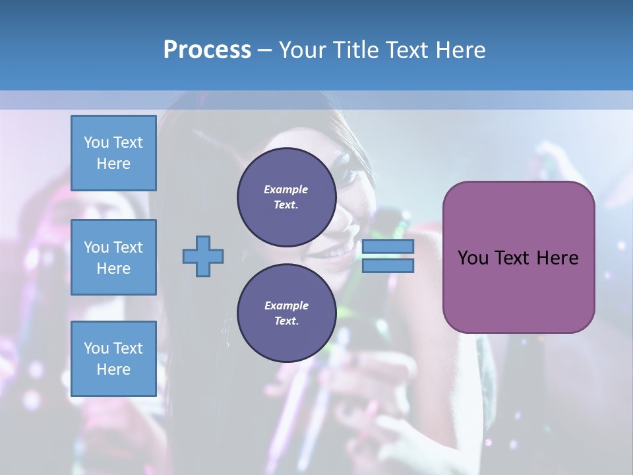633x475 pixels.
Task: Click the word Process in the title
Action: click(207, 50)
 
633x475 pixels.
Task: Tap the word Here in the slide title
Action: click(461, 50)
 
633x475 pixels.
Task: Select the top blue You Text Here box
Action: click(113, 153)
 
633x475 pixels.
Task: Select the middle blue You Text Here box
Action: click(113, 257)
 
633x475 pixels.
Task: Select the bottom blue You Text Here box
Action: click(113, 359)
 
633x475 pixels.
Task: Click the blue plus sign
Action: click(203, 256)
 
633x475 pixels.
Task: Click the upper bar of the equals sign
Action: click(388, 247)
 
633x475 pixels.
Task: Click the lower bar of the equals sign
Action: click(388, 266)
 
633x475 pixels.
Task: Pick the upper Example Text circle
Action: click(286, 197)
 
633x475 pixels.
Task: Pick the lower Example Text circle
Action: click(286, 313)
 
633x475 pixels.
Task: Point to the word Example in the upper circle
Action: click(286, 189)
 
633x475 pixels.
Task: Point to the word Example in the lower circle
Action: click(286, 305)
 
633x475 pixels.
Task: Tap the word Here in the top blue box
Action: click(113, 164)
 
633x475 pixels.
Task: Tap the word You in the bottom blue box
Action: click(96, 348)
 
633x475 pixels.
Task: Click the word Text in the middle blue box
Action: click(128, 247)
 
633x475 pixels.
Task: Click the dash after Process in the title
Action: click(265, 50)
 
